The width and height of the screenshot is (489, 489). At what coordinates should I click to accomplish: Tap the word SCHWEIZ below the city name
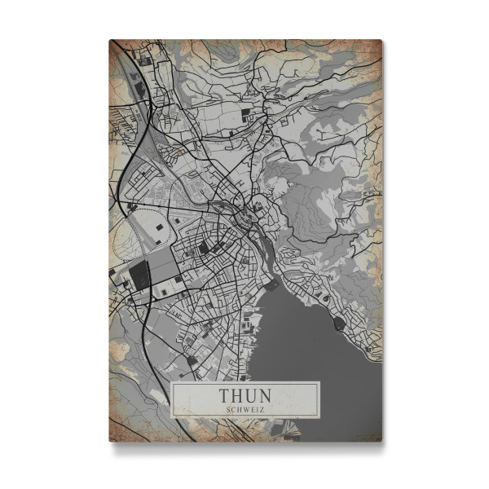tap(245, 409)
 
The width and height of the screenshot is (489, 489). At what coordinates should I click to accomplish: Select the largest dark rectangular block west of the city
tap(140, 275)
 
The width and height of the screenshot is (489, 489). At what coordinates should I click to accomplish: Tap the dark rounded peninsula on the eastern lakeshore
tap(339, 323)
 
